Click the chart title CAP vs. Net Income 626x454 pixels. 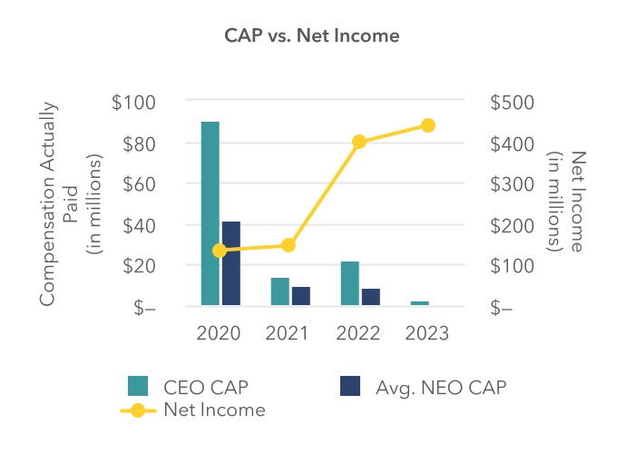[x=312, y=36]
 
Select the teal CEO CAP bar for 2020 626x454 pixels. [x=210, y=213]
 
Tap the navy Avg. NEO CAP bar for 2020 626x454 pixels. [x=231, y=263]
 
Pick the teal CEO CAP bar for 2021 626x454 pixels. [x=279, y=291]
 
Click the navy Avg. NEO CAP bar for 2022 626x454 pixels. [x=370, y=297]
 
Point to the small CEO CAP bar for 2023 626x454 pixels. [x=420, y=302]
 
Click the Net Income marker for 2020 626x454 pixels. [x=220, y=251]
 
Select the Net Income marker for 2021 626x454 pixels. [x=289, y=245]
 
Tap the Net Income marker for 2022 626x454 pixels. [x=359, y=142]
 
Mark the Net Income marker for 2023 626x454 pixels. [x=428, y=125]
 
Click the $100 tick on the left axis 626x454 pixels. [x=133, y=103]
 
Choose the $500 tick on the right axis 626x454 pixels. [x=512, y=103]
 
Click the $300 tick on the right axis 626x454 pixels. [x=512, y=184]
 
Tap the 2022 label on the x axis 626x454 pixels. [x=359, y=333]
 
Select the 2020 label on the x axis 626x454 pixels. [x=219, y=333]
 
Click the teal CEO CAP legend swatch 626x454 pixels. [x=137, y=387]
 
